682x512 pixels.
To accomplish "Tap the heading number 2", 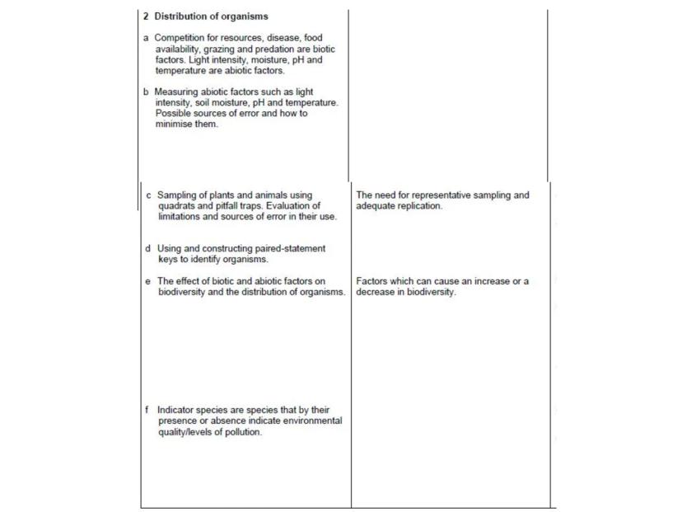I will [147, 17].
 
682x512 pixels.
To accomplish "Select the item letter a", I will [147, 39].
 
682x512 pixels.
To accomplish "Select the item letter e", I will [147, 283].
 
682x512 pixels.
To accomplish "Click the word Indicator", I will [178, 409].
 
